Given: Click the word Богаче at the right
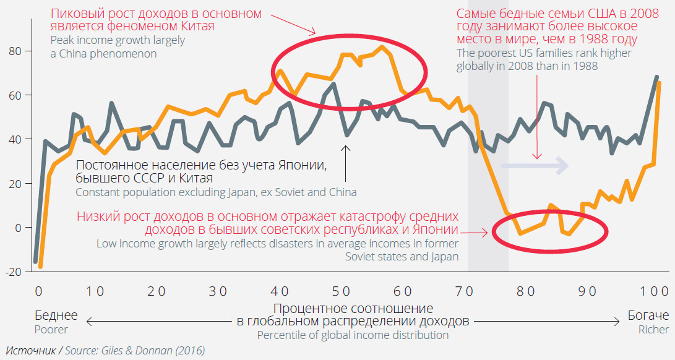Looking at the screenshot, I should (648, 315).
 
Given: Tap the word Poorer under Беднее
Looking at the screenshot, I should (52, 330).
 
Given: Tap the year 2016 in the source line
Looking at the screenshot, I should (190, 351).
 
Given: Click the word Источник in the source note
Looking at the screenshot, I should (30, 351).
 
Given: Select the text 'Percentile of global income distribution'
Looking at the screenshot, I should (353, 335).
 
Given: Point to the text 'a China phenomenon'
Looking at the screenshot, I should (103, 54).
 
